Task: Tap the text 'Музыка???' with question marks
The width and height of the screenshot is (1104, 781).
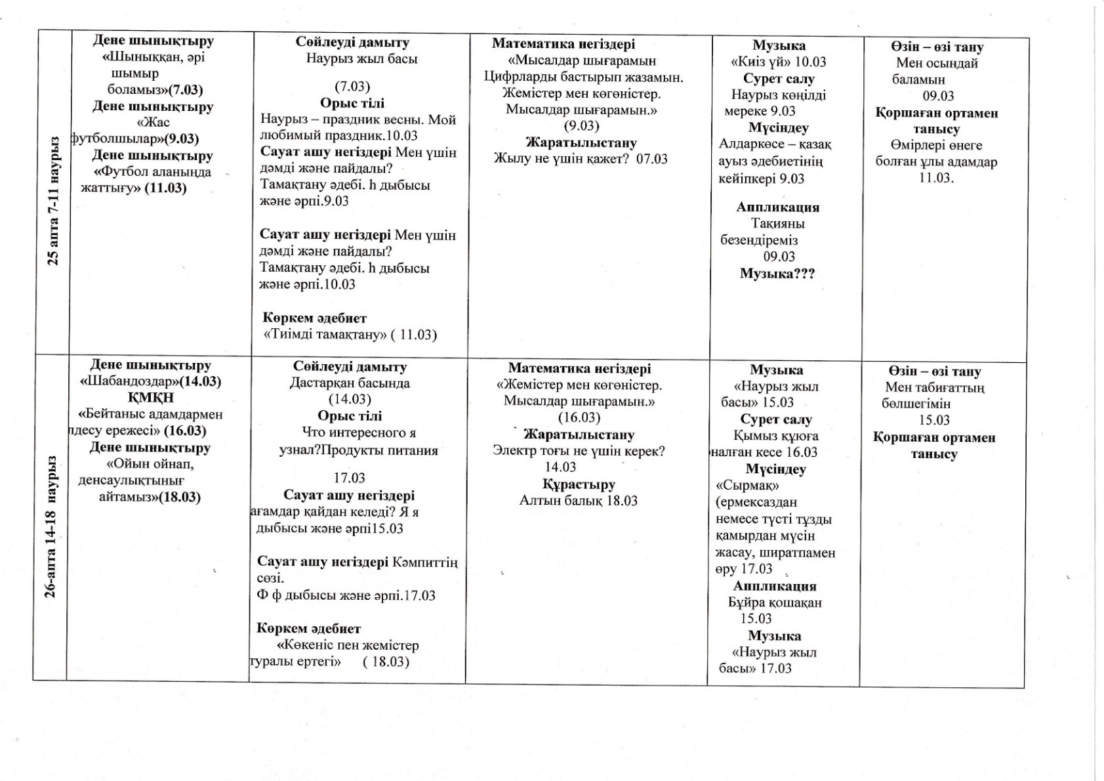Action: tap(777, 274)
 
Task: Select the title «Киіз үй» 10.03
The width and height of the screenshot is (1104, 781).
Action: tap(779, 62)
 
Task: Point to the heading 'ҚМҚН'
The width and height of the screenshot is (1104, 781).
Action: tap(150, 398)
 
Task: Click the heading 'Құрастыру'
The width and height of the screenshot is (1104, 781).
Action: tap(579, 484)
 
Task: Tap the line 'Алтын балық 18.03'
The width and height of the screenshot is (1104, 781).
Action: tap(579, 501)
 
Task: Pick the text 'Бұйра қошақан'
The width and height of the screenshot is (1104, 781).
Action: tap(775, 602)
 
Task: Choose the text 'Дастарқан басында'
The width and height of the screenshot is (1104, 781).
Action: tap(350, 383)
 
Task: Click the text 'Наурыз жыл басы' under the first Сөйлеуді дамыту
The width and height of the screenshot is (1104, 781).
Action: tap(361, 58)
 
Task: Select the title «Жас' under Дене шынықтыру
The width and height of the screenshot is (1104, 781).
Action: tap(153, 122)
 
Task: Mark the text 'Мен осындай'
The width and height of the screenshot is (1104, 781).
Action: tap(937, 63)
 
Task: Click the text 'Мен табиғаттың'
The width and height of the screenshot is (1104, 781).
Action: tap(935, 387)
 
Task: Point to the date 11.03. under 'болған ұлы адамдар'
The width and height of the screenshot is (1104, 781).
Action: tap(936, 178)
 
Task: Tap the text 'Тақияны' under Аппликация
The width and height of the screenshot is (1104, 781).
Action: tap(778, 223)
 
